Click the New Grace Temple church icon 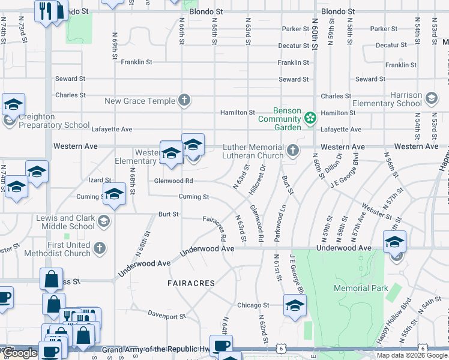[184, 100]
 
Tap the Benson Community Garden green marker [310, 118]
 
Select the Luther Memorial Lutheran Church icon [292, 150]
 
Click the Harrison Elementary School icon [430, 98]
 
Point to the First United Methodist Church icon [100, 248]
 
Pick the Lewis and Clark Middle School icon [103, 222]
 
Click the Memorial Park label [360, 288]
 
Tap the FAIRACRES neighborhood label [190, 283]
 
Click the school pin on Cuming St [113, 194]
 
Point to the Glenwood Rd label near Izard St [173, 181]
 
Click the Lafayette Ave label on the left [111, 129]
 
